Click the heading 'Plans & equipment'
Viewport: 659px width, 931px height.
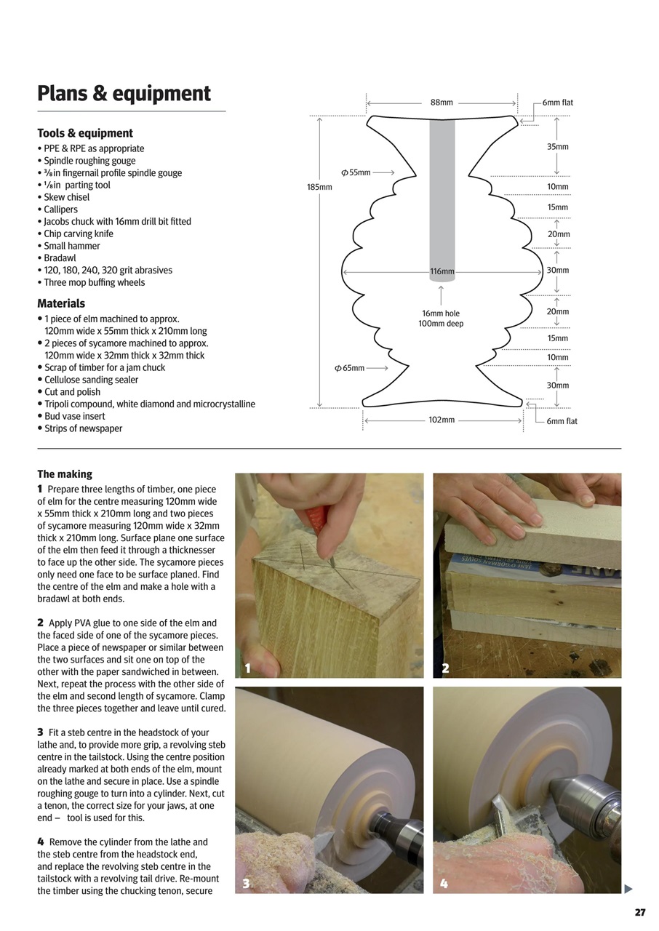[x=124, y=94]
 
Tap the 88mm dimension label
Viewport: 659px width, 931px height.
[x=442, y=103]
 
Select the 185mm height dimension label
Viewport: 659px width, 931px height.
[x=319, y=187]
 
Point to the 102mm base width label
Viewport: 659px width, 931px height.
[x=442, y=420]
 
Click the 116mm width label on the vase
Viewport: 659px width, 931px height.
[x=442, y=271]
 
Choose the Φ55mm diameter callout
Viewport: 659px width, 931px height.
[x=356, y=172]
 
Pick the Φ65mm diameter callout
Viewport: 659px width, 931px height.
[x=350, y=368]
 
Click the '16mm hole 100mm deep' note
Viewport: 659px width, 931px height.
[x=441, y=319]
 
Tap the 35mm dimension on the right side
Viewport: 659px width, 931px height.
[x=557, y=147]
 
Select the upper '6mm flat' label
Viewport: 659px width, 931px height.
[x=557, y=103]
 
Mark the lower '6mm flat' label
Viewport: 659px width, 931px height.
[x=562, y=421]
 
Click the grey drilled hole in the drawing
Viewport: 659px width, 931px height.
[x=442, y=189]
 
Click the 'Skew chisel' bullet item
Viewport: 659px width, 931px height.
[x=66, y=197]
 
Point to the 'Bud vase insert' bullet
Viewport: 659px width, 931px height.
[x=74, y=416]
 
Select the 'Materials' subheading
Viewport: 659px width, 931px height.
[x=61, y=303]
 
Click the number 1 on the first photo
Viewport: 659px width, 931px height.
[x=248, y=668]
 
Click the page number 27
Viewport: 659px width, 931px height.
[x=639, y=912]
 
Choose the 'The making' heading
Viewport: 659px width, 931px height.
[x=65, y=474]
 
